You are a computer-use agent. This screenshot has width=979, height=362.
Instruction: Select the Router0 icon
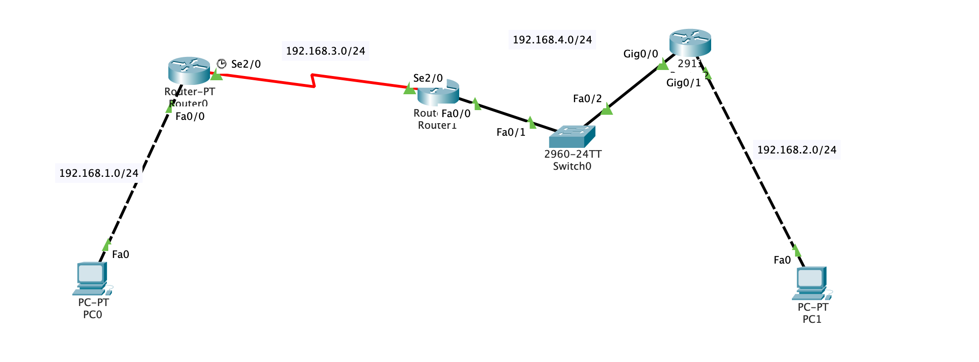pos(189,70)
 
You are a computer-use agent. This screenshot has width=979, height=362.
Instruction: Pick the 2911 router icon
pos(690,42)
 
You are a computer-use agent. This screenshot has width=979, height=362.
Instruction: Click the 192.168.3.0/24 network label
pos(325,51)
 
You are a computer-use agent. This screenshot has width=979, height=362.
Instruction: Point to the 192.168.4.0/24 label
pos(552,40)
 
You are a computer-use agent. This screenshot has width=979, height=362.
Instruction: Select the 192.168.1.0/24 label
pos(98,173)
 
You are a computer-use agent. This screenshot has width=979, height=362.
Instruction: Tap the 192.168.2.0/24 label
pos(797,150)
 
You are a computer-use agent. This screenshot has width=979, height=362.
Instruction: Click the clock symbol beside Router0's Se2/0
pos(222,64)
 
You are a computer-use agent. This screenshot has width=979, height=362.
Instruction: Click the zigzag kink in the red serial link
pos(313,80)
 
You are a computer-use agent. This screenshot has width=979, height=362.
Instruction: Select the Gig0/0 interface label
pos(640,54)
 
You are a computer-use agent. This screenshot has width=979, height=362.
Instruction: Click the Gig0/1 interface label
pos(683,83)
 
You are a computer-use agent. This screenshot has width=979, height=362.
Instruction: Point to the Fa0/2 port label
pos(587,98)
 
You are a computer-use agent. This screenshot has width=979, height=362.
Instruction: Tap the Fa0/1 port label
pos(510,132)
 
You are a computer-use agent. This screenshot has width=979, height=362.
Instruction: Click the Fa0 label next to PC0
pos(120,254)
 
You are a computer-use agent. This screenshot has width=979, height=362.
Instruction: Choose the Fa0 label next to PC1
pos(782,260)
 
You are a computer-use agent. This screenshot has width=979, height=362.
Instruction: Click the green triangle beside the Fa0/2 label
pos(606,110)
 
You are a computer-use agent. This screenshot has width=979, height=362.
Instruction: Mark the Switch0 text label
pos(572,167)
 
